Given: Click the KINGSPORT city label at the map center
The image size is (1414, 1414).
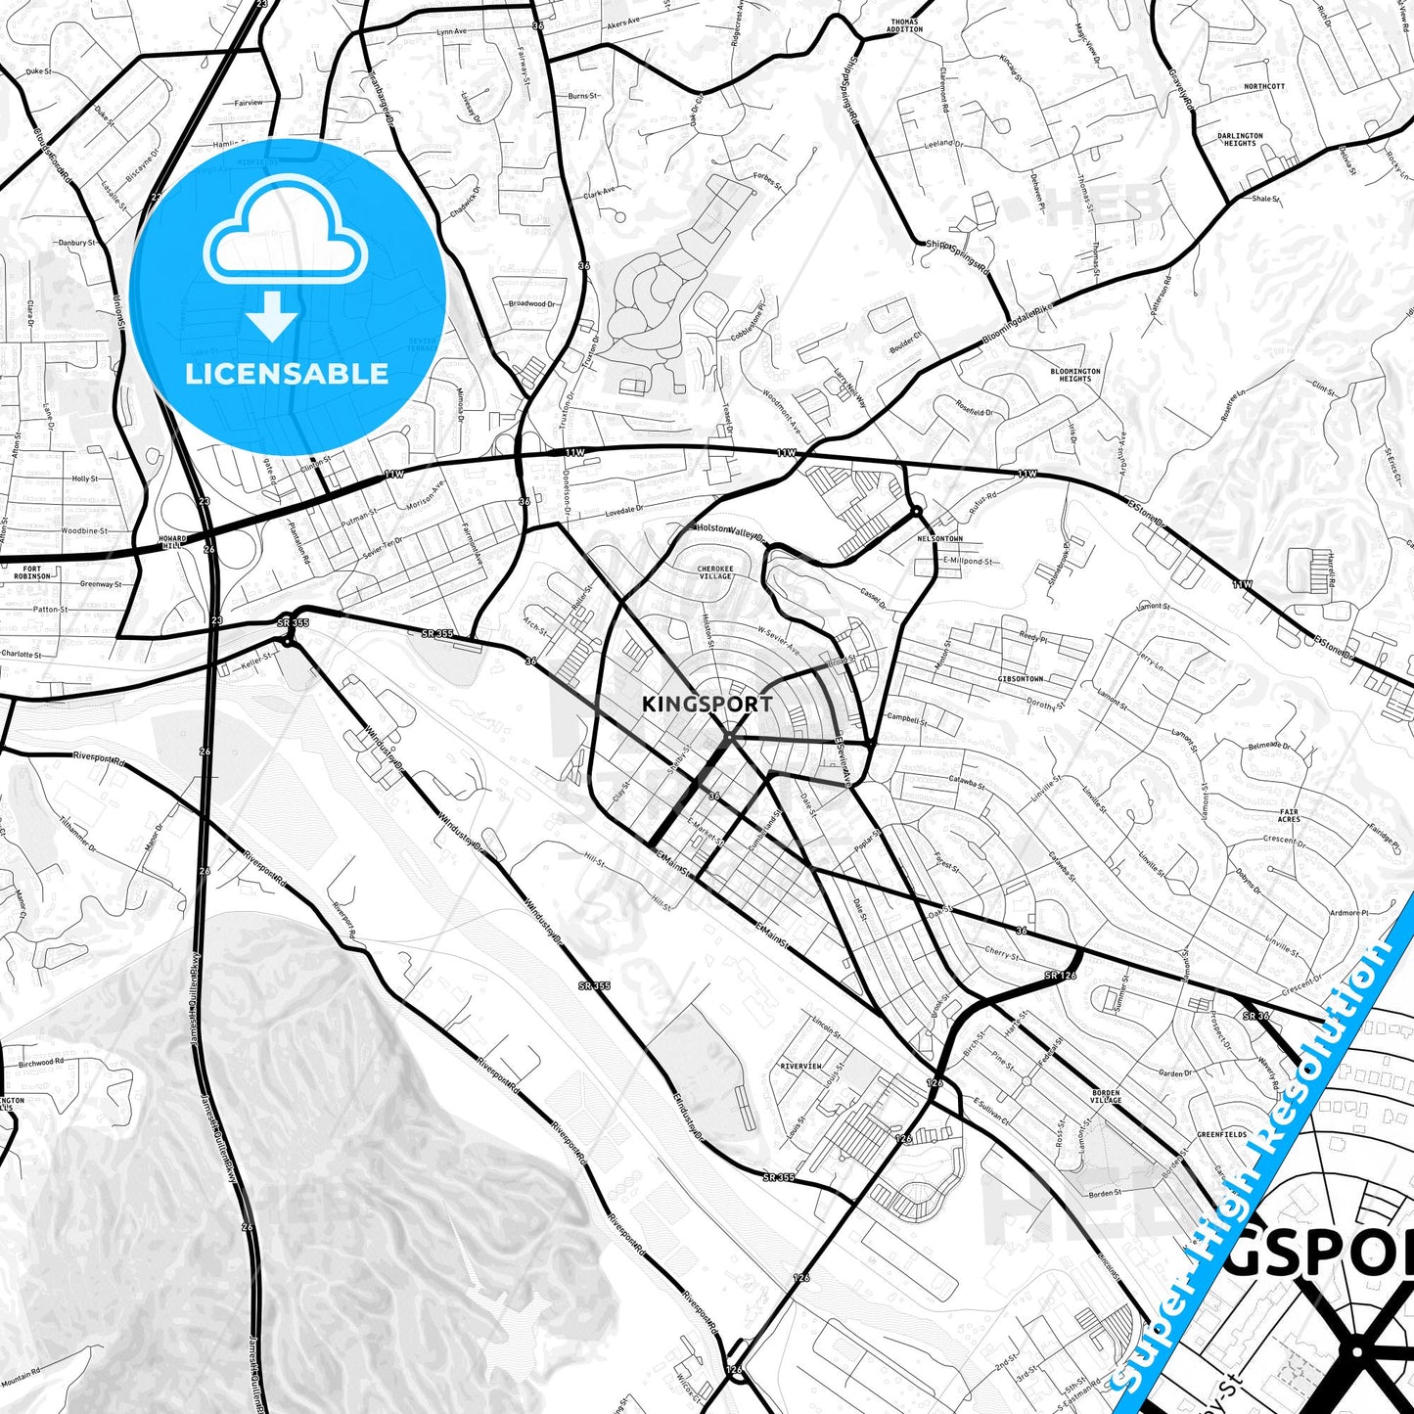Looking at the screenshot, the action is (707, 704).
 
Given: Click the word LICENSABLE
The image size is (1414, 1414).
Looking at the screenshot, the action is (287, 374).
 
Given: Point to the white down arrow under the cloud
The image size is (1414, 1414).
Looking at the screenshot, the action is (272, 317).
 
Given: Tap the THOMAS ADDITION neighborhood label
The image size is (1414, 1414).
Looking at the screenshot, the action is (904, 25).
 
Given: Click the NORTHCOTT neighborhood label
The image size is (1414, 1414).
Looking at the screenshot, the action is (1264, 86).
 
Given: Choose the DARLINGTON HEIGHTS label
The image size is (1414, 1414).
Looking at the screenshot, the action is (1240, 140).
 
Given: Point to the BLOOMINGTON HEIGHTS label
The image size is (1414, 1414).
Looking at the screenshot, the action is (1074, 375).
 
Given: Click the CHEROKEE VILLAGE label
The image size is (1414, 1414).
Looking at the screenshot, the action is (715, 572).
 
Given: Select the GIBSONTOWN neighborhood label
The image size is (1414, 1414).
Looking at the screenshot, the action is (1021, 678).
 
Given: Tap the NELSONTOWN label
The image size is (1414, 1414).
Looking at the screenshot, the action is (939, 539).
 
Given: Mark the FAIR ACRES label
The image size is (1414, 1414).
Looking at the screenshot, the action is (1289, 815).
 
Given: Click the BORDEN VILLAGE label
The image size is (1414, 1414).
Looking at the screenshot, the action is (1106, 1096).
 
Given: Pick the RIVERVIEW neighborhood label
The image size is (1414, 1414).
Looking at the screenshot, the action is (800, 1066).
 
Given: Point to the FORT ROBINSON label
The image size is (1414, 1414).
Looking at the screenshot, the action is (32, 572).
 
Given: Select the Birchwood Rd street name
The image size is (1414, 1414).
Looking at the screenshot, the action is (41, 1063).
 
